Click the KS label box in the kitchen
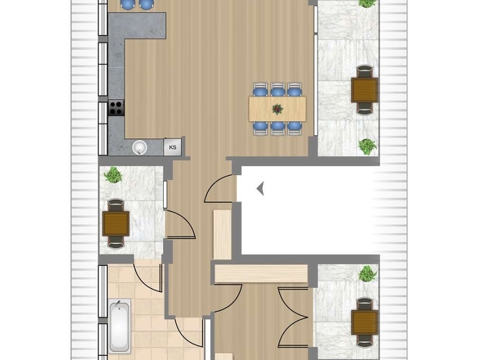click(x=173, y=147)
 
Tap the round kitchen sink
click(x=140, y=147)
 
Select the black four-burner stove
click(x=116, y=108)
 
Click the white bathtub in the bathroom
click(x=120, y=326)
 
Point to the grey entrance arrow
click(x=260, y=188)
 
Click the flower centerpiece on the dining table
click(x=278, y=109)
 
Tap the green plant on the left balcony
click(x=113, y=175)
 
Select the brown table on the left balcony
click(x=115, y=223)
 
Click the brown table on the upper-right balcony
click(x=365, y=90)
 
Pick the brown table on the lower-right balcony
click(x=365, y=322)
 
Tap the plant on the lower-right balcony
click(x=368, y=273)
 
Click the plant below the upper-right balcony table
click(x=368, y=147)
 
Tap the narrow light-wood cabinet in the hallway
click(x=222, y=234)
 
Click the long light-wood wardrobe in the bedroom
click(x=261, y=273)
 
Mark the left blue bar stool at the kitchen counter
click(x=129, y=4)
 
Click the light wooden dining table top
click(x=278, y=109)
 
